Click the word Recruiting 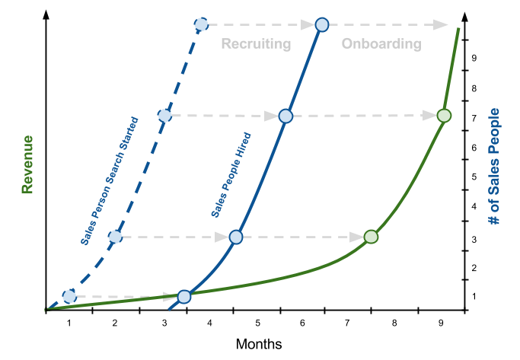[x=256, y=44]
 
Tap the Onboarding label [x=381, y=44]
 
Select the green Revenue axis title [x=28, y=164]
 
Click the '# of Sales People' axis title [x=494, y=167]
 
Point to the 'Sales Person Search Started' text [x=110, y=181]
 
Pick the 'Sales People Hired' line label [x=231, y=175]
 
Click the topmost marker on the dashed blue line [x=201, y=25]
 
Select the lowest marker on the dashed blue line [x=69, y=296]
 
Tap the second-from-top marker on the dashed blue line [x=164, y=116]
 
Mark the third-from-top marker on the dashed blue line [x=115, y=237]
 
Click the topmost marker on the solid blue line [x=321, y=25]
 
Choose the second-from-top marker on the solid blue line [x=286, y=116]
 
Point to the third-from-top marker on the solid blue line [x=236, y=237]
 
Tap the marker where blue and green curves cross [x=184, y=296]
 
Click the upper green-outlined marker [x=445, y=116]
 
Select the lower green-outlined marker [x=371, y=237]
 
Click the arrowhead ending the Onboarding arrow [x=441, y=25]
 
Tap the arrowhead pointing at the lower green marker [x=356, y=237]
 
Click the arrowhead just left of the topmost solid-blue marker [x=308, y=25]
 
